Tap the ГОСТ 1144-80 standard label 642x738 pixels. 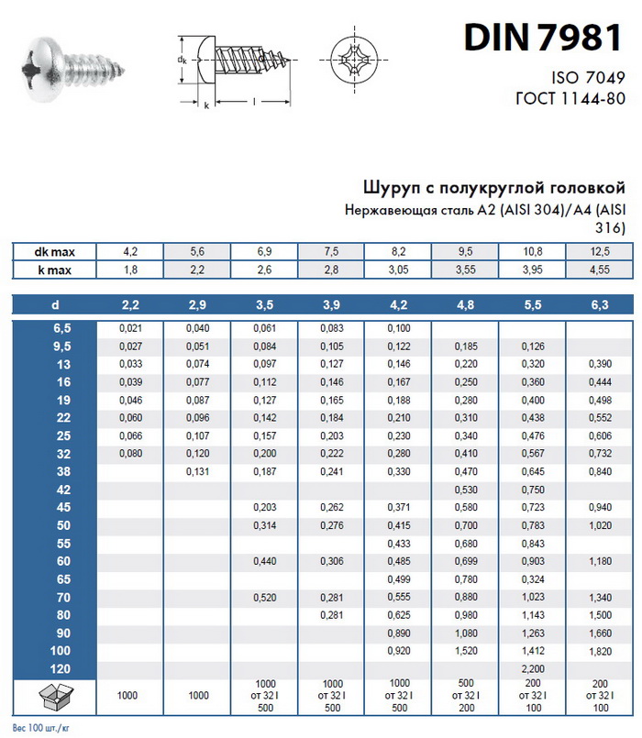569,99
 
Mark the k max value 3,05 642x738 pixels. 398,270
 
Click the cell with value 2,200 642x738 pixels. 532,669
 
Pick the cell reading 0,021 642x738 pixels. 130,328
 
